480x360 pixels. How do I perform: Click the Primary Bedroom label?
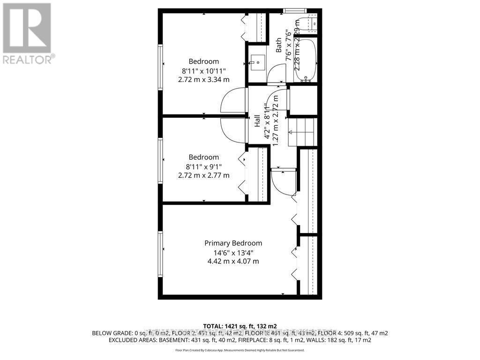(x=233, y=243)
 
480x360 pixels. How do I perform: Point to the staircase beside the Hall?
(x=302, y=132)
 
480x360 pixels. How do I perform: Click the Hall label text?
(x=257, y=121)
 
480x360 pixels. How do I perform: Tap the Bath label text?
(x=278, y=45)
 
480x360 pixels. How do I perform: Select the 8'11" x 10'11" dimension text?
(x=203, y=71)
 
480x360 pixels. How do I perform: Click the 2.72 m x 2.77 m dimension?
(x=203, y=175)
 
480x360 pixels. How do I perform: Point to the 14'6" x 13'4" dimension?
(x=233, y=253)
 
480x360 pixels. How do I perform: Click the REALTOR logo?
(x=28, y=33)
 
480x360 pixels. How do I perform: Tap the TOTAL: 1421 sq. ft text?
(x=240, y=325)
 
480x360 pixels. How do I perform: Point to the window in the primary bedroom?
(x=160, y=248)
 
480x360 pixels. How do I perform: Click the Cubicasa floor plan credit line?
(x=240, y=350)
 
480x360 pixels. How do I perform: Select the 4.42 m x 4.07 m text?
(x=233, y=262)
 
